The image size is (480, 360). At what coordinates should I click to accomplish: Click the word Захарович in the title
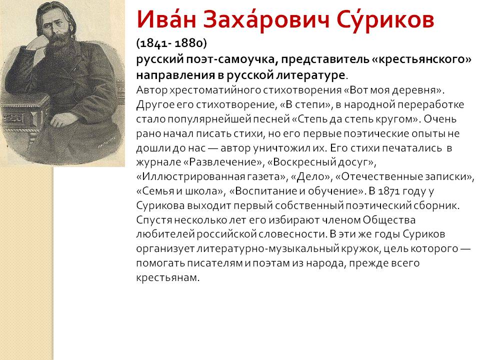point(266,20)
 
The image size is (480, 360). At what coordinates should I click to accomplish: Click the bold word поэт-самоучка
point(231,59)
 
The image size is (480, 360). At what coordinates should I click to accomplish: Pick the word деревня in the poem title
point(416,90)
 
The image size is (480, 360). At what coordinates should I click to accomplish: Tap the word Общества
point(389,220)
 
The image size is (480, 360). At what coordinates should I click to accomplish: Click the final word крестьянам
point(167,277)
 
